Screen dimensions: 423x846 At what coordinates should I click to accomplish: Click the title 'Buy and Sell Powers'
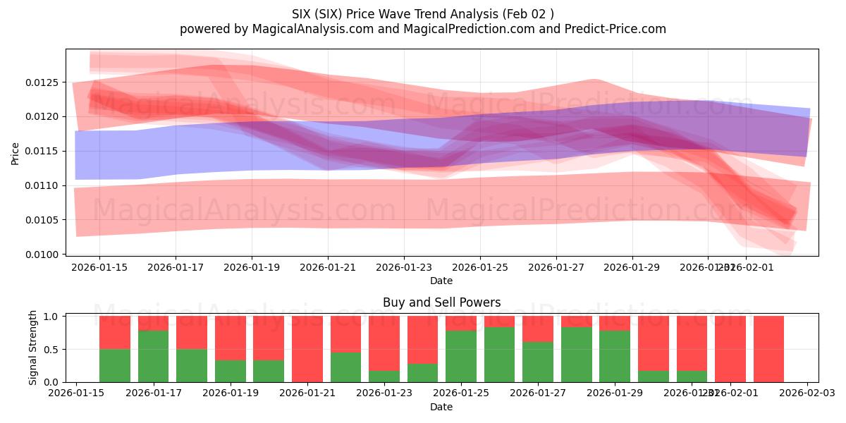tap(441, 302)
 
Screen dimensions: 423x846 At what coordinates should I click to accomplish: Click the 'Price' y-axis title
tap(16, 152)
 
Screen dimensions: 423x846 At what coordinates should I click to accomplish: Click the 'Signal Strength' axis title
tap(32, 348)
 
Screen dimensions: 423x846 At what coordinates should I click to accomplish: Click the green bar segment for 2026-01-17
tap(153, 356)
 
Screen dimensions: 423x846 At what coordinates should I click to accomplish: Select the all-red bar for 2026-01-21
tap(307, 349)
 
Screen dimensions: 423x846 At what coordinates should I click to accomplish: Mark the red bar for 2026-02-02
tap(768, 349)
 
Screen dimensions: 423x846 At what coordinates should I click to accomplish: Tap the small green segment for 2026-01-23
tap(384, 376)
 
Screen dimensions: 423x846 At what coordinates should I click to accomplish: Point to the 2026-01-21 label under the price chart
tap(328, 268)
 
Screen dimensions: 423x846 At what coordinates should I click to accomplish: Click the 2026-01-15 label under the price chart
tap(99, 268)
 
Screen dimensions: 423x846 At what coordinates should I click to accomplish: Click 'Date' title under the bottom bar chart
tap(441, 407)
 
